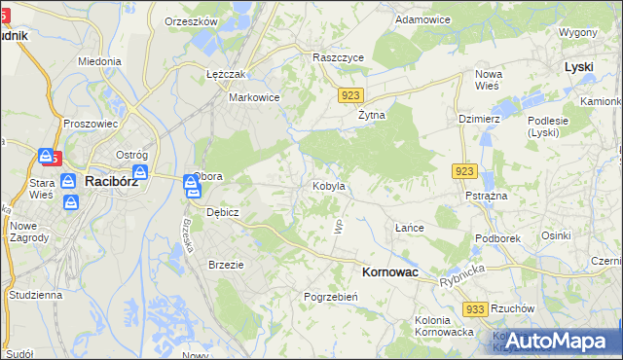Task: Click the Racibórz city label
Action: click(115, 181)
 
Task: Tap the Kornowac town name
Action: click(389, 273)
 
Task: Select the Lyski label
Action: click(580, 67)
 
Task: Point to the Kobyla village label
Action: click(328, 185)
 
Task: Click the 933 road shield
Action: click(475, 308)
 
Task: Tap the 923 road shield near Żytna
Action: click(352, 95)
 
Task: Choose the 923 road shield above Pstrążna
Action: click(463, 171)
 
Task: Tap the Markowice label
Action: click(254, 97)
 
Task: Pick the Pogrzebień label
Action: click(332, 297)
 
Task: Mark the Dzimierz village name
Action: click(478, 119)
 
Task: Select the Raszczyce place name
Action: click(338, 57)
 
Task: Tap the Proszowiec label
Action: click(90, 124)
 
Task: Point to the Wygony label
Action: click(577, 32)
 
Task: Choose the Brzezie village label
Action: click(226, 264)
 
